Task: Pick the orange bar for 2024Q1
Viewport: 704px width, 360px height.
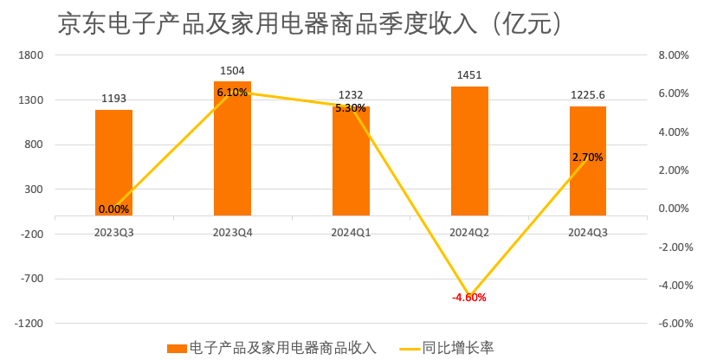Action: [x=351, y=164]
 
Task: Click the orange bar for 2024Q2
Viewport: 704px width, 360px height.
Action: [x=469, y=151]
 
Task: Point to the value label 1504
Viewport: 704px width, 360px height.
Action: [x=232, y=70]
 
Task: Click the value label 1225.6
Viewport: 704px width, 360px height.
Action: [x=588, y=95]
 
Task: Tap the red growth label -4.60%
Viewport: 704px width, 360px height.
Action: [x=469, y=298]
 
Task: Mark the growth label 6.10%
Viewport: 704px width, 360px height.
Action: [x=232, y=93]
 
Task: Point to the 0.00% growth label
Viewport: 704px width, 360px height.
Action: [x=113, y=209]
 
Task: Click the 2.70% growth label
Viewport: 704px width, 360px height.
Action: [x=588, y=157]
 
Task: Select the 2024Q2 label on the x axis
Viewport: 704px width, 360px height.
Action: [x=469, y=232]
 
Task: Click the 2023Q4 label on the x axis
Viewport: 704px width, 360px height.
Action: [x=232, y=232]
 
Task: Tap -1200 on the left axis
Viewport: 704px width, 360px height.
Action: [x=29, y=324]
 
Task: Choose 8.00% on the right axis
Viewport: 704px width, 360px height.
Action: [x=673, y=55]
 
